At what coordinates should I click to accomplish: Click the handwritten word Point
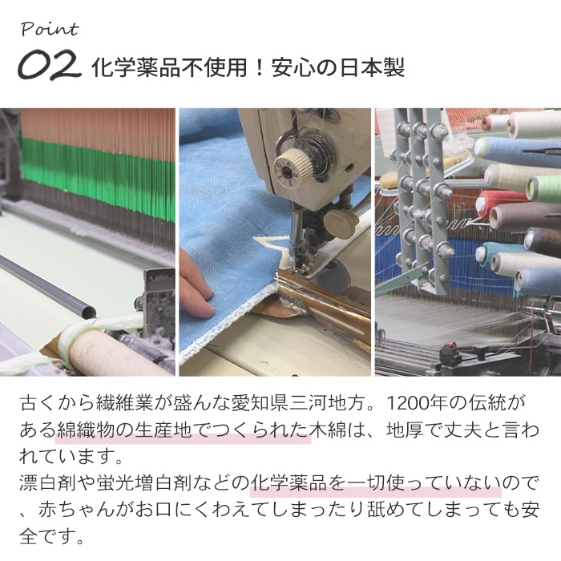(x=50, y=30)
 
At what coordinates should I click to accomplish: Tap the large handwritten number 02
(x=49, y=65)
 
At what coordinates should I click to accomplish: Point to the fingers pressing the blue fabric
(x=196, y=284)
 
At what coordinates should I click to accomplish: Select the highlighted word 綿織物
(x=86, y=430)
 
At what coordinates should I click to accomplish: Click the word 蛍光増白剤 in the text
(x=144, y=483)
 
